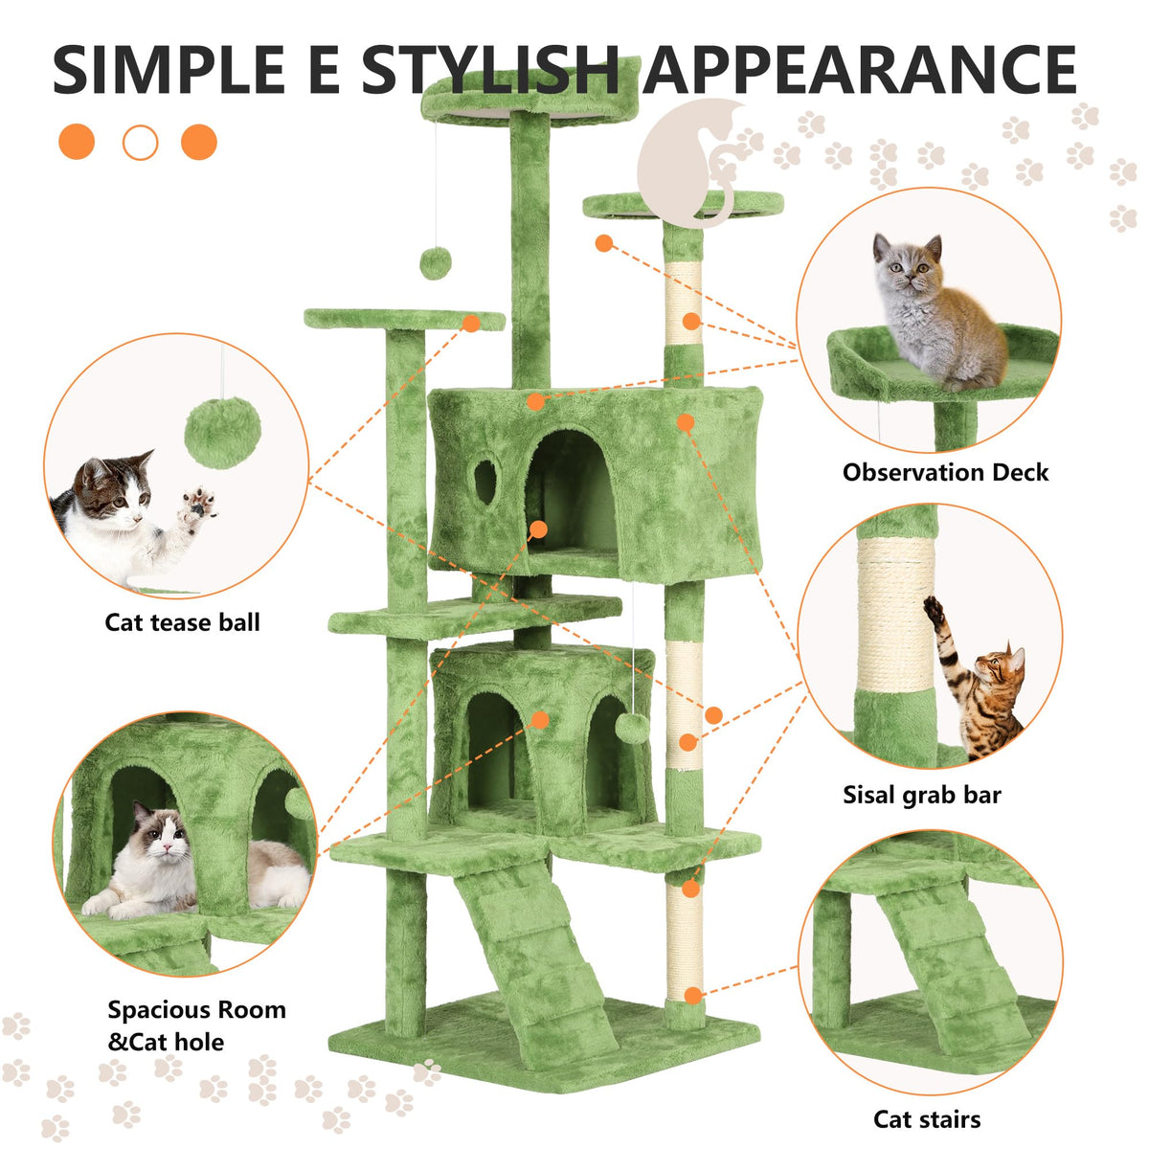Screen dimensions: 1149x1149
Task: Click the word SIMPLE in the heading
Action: tap(169, 70)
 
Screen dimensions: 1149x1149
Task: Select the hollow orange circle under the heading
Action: tap(140, 143)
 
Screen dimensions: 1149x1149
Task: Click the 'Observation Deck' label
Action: tap(945, 472)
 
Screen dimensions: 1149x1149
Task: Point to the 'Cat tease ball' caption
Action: tap(183, 622)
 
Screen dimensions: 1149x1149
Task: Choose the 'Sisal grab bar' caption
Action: tap(921, 795)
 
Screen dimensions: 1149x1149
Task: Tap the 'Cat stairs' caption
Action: tap(927, 1119)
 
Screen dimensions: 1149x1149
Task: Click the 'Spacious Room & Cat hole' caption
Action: tap(197, 1025)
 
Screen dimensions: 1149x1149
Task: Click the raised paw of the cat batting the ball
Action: tap(198, 508)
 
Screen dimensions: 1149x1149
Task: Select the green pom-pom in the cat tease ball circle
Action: tap(222, 432)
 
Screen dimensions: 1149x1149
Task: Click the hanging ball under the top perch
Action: tap(436, 263)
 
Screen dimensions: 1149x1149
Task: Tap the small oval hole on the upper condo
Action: tap(484, 482)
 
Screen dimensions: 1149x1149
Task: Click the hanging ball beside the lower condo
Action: tap(633, 728)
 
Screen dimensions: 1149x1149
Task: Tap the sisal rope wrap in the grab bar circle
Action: tap(895, 614)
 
